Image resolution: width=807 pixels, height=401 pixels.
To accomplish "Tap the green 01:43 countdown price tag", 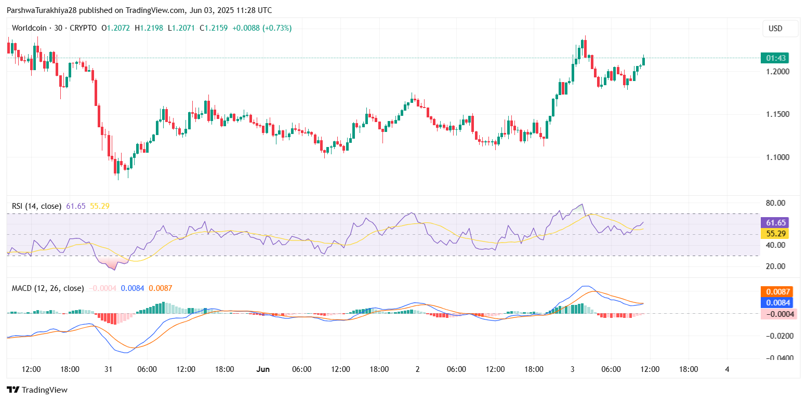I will click(x=775, y=58).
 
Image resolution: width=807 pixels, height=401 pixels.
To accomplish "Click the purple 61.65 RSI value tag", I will click(x=775, y=222).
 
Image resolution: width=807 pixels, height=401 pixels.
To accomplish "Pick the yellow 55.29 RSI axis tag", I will click(x=775, y=234).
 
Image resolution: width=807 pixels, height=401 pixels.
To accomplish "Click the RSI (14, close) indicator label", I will click(x=36, y=206).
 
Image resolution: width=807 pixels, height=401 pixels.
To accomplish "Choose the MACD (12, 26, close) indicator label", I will click(x=48, y=288).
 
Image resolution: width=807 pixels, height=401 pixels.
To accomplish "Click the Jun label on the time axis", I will click(x=263, y=369).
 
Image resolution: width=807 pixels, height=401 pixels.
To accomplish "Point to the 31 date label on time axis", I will click(x=109, y=369).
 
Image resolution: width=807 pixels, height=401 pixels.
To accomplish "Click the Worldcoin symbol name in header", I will click(x=29, y=28).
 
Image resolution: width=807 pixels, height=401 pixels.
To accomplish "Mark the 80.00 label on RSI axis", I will click(x=775, y=203).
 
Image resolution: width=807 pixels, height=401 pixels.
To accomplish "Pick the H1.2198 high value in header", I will click(x=148, y=28).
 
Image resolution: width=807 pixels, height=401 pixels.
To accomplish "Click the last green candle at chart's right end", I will click(x=643, y=61).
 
